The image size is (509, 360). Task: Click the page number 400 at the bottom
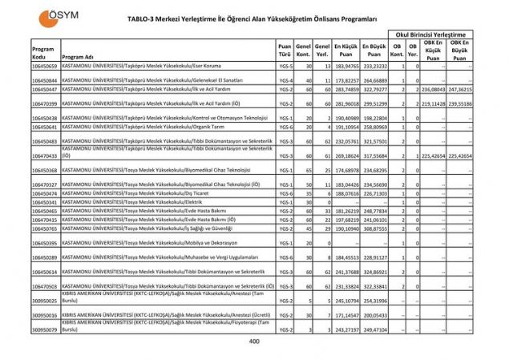click(x=254, y=342)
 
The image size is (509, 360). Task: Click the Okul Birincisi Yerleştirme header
click(x=439, y=35)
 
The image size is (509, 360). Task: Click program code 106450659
click(x=44, y=66)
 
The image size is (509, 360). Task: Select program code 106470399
click(x=44, y=103)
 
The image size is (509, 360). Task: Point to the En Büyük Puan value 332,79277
click(x=375, y=89)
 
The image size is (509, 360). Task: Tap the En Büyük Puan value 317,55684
click(x=375, y=156)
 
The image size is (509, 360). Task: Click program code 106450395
click(x=44, y=242)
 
